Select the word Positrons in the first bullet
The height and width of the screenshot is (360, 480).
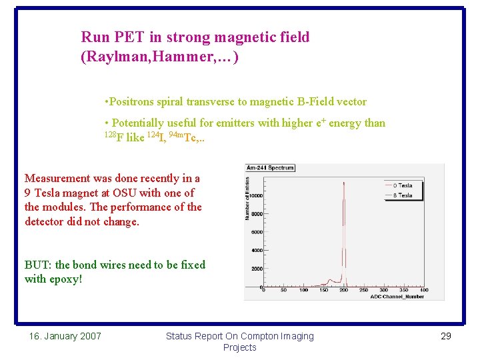pyautogui.click(x=132, y=102)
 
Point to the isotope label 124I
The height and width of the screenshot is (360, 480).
pyautogui.click(x=152, y=137)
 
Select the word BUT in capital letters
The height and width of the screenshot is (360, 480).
pyautogui.click(x=37, y=265)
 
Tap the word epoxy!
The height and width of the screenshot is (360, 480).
pyautogui.click(x=66, y=279)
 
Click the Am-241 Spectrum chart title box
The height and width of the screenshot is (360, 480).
pyautogui.click(x=270, y=168)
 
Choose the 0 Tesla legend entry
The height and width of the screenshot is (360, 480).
pyautogui.click(x=402, y=185)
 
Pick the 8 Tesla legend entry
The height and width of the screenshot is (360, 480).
pyautogui.click(x=402, y=195)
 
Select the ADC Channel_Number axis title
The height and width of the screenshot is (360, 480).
pyautogui.click(x=397, y=297)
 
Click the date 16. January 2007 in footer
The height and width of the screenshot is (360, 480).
pyautogui.click(x=65, y=336)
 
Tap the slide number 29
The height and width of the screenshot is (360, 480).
pyautogui.click(x=446, y=336)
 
